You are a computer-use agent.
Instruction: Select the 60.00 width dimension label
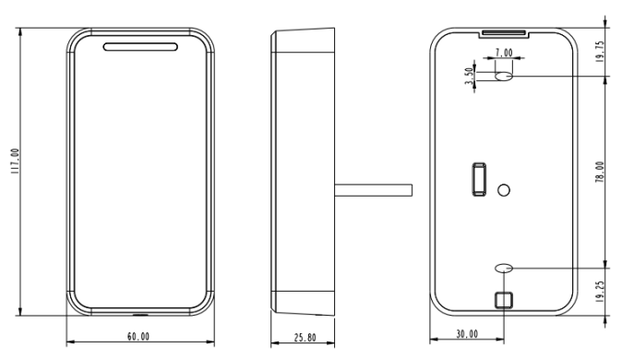point(138,338)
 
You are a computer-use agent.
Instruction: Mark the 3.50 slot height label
point(470,77)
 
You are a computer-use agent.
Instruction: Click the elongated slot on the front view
point(140,46)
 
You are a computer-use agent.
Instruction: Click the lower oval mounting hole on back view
point(504,268)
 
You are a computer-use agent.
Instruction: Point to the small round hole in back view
point(504,190)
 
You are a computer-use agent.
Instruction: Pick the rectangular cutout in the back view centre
point(479,179)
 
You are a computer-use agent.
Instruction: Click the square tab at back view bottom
point(503,300)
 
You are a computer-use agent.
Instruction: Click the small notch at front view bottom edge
point(140,312)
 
